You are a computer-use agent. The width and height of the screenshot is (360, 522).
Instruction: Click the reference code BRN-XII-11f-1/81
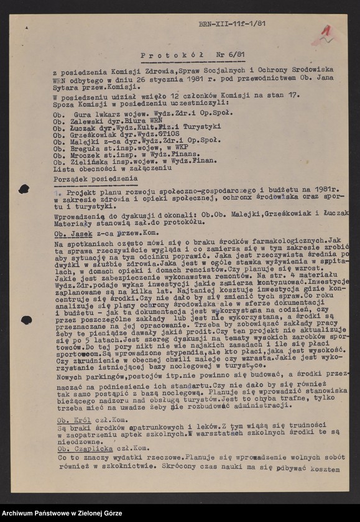point(233,24)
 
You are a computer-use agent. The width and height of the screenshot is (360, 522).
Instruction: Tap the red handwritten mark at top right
point(325,34)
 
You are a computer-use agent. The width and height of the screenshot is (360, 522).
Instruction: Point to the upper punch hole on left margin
point(24,189)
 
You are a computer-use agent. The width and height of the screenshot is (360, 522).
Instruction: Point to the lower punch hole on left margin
point(25,320)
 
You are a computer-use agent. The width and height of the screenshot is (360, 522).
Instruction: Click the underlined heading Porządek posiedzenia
point(95,178)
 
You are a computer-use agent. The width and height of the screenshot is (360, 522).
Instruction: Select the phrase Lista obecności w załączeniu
point(112,168)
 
